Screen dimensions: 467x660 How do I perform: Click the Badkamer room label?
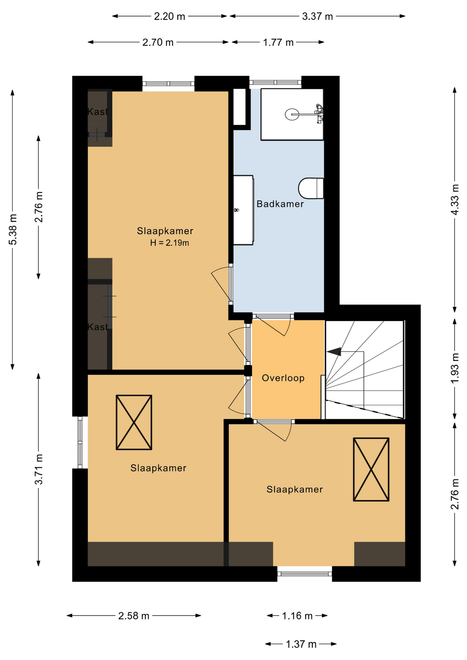click(x=280, y=204)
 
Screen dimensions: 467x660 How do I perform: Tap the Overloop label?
click(x=283, y=378)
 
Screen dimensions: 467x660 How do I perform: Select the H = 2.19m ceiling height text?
click(x=170, y=243)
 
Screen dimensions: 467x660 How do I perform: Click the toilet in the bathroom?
click(x=311, y=188)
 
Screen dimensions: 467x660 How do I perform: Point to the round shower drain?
click(x=292, y=114)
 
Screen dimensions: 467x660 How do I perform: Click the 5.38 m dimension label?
click(x=13, y=229)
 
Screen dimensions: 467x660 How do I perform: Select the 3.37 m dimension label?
click(x=317, y=16)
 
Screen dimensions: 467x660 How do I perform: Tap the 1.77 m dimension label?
click(x=278, y=42)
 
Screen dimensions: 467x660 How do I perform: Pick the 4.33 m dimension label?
click(x=455, y=200)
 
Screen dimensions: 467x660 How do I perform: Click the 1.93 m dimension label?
click(x=455, y=368)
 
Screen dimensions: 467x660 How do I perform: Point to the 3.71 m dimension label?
click(x=39, y=469)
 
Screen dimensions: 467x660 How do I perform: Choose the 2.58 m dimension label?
click(x=134, y=616)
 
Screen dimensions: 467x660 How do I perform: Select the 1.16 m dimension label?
click(x=297, y=616)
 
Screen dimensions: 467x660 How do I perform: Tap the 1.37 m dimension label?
click(x=301, y=644)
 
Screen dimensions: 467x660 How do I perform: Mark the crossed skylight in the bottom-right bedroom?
click(x=371, y=469)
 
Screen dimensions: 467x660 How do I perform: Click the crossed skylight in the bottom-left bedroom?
click(x=134, y=422)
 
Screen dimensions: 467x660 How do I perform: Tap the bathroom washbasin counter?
click(x=243, y=210)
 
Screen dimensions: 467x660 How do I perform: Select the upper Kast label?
click(x=98, y=112)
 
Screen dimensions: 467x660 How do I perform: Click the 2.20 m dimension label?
click(x=169, y=16)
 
